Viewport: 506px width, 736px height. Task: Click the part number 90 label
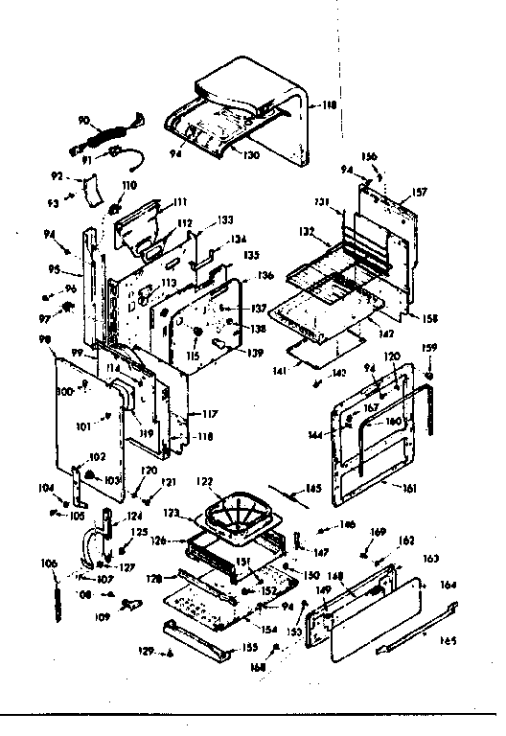pos(83,120)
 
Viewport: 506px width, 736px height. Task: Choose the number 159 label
pos(430,347)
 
